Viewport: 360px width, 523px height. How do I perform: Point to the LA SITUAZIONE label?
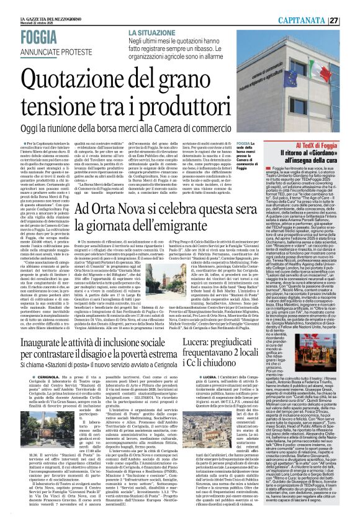(x=151, y=31)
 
